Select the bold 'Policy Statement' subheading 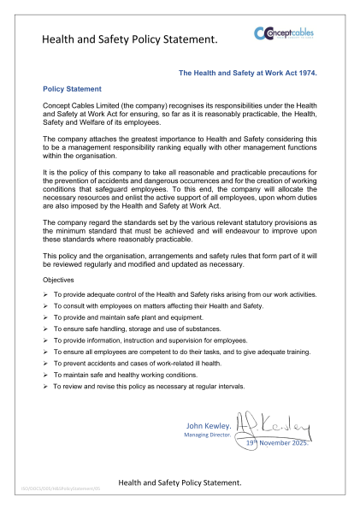(x=72, y=89)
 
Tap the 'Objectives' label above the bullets (x=59, y=280)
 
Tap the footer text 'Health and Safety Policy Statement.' (x=180, y=483)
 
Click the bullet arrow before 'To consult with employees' (x=45, y=306)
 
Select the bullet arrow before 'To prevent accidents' (x=45, y=376)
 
